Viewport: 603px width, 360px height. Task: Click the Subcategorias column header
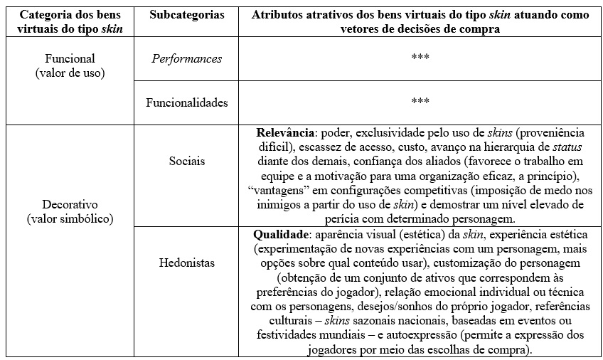pos(187,15)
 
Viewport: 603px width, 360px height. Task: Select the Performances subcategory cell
pos(187,58)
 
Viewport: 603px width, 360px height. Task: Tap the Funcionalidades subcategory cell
pos(187,102)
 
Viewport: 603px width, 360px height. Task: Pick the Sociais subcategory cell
pos(187,162)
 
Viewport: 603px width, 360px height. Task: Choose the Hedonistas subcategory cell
pos(187,263)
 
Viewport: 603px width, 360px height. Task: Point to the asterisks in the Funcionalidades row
pos(420,102)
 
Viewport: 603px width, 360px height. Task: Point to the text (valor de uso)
pos(69,73)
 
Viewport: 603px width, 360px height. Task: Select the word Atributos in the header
pos(277,15)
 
